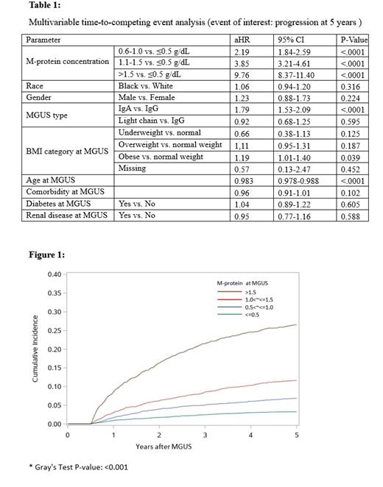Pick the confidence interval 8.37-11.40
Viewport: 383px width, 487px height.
pyautogui.click(x=295, y=74)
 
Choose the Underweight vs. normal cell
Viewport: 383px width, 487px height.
pyautogui.click(x=157, y=132)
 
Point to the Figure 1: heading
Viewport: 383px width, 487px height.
pyautogui.click(x=46, y=255)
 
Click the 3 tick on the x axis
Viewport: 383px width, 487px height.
pyautogui.click(x=205, y=435)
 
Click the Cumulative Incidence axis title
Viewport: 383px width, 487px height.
pyautogui.click(x=36, y=349)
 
